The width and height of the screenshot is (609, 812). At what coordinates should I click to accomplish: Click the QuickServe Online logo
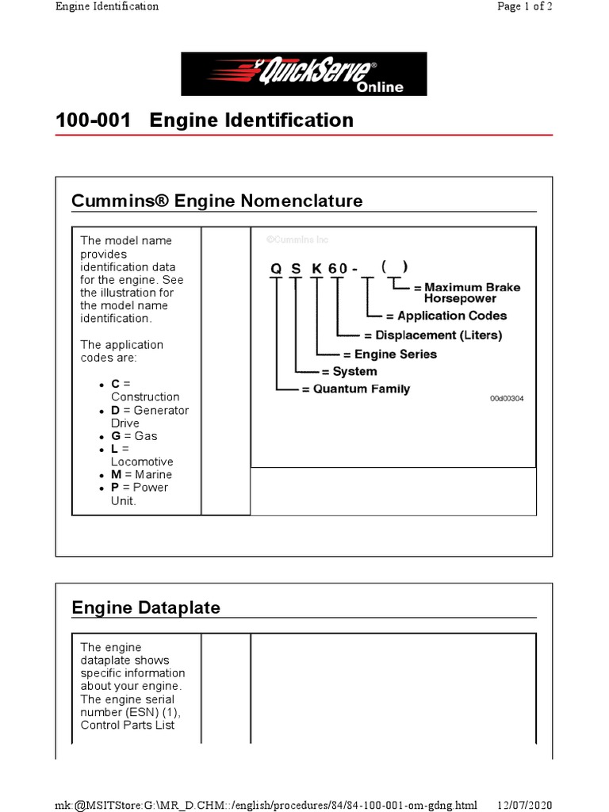[304, 75]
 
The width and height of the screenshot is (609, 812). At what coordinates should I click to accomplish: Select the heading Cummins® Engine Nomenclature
[216, 201]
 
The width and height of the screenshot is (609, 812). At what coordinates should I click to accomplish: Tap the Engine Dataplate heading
[146, 607]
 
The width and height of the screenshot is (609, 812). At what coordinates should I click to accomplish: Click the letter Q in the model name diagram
[276, 269]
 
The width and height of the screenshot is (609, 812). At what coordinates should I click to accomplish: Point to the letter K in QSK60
[316, 269]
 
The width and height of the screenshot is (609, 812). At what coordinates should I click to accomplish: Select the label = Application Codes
[446, 316]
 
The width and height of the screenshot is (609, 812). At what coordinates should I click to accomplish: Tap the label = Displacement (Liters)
[432, 335]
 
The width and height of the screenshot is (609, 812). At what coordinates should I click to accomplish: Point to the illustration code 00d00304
[507, 398]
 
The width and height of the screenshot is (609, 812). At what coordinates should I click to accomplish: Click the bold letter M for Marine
[115, 474]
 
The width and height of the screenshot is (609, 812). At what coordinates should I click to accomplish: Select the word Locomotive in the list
[142, 462]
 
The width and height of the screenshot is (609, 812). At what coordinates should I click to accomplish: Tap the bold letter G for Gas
[115, 436]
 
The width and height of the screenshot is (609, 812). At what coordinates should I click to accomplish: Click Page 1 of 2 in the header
[524, 6]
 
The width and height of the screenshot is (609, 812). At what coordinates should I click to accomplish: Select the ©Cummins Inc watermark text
[297, 239]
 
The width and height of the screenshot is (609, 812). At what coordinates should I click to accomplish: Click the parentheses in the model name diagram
[394, 267]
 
